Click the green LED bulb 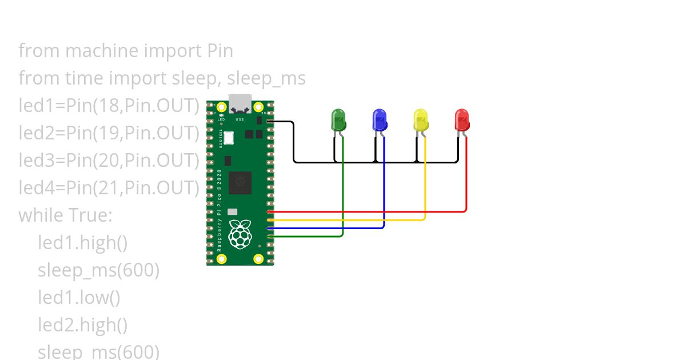pos(338,121)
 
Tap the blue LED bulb pos(380,120)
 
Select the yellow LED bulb pos(421,120)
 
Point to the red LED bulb pos(462,120)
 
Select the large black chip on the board pos(240,183)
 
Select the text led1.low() pos(79,298)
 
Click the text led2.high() pos(82,325)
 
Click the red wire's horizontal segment pos(366,211)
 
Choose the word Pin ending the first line pos(219,51)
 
